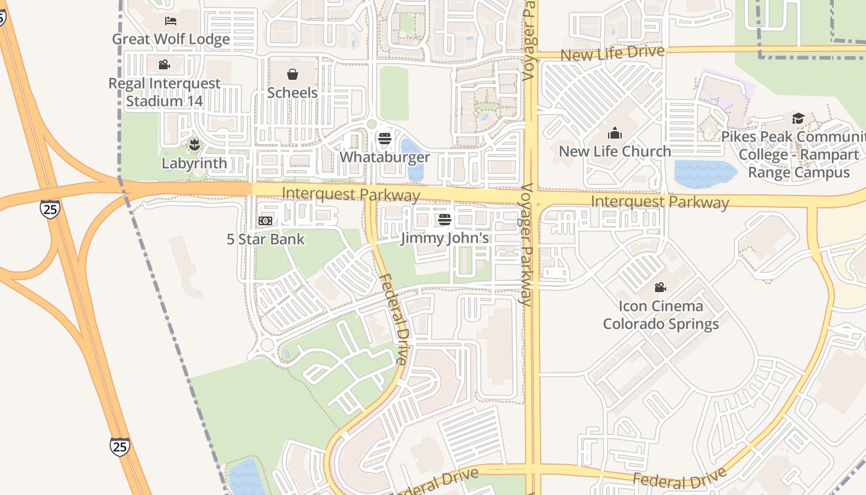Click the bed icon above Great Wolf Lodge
[x=171, y=21]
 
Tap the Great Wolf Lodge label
[x=171, y=39]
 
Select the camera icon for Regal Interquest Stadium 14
[x=164, y=64]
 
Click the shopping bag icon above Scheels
[x=293, y=74]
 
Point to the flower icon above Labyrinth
[x=194, y=145]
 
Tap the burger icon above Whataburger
[x=385, y=138]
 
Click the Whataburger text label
[x=385, y=157]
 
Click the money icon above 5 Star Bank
[x=265, y=221]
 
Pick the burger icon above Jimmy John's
[x=444, y=220]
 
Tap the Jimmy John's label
[x=445, y=238]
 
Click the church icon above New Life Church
[x=614, y=133]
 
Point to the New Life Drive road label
[x=612, y=53]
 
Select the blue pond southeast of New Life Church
[x=705, y=174]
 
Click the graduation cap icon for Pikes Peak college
[x=798, y=118]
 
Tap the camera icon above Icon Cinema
[x=661, y=287]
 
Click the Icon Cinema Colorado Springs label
[x=661, y=315]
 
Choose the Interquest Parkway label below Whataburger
[x=351, y=194]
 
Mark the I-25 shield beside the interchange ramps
[x=50, y=209]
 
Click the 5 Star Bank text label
[x=265, y=239]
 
